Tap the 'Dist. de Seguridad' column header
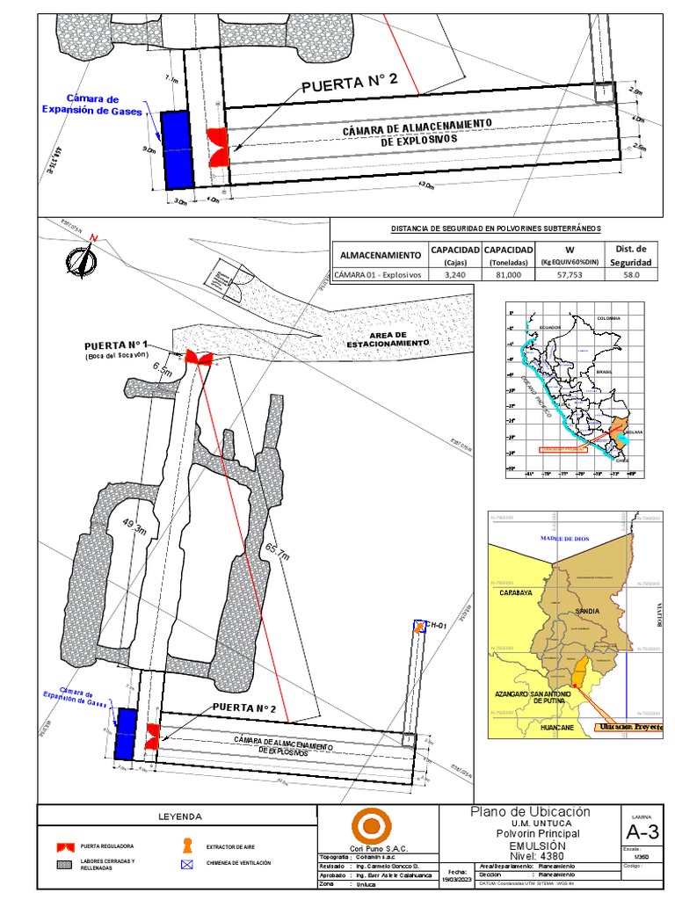[631, 255]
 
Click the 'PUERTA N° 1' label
[118, 345]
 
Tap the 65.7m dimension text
[284, 556]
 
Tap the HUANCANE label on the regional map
[557, 728]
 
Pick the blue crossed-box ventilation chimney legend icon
[186, 864]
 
